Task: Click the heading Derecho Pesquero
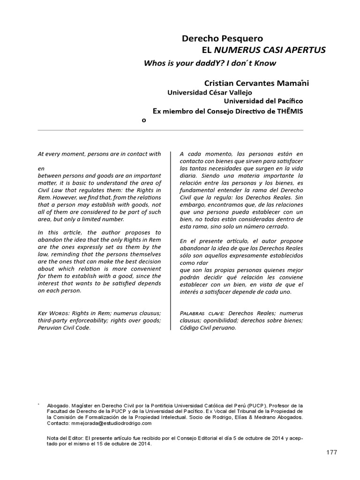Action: (x=222, y=38)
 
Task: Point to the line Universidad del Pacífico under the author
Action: (x=263, y=101)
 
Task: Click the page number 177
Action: (x=331, y=452)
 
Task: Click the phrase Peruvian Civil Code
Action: (x=64, y=328)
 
